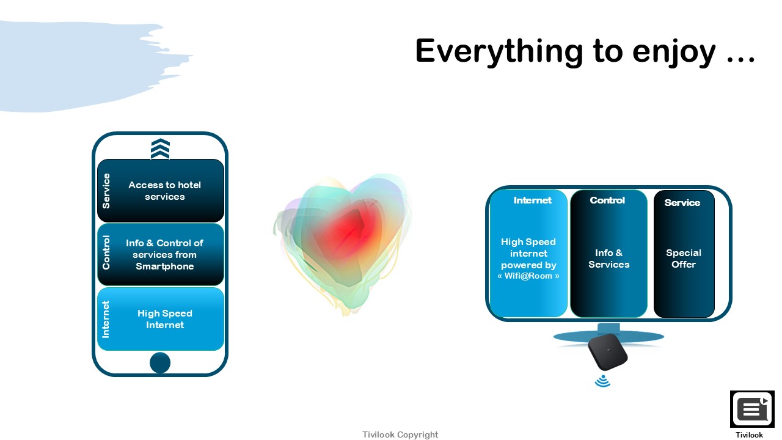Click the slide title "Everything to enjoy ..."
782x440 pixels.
point(585,51)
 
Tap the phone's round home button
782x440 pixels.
point(160,362)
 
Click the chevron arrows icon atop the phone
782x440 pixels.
point(160,148)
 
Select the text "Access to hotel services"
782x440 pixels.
point(165,191)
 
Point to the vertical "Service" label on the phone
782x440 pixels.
point(106,191)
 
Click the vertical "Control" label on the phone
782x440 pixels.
point(106,252)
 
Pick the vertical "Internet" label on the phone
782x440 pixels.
point(106,319)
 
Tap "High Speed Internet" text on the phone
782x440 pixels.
point(165,319)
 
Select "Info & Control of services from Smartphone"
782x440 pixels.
point(165,255)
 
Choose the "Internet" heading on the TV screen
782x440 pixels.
point(532,200)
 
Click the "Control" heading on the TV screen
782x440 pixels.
point(607,200)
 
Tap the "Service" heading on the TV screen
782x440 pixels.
point(682,203)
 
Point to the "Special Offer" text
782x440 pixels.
point(684,258)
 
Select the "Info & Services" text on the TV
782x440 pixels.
point(609,258)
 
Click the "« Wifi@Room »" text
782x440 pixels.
point(528,276)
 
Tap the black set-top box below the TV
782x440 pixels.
point(608,352)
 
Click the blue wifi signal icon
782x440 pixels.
point(602,381)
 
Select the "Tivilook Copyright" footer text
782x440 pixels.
point(400,435)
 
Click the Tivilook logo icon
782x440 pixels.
point(752,409)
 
